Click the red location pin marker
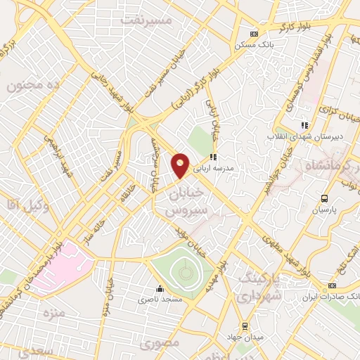(x=180, y=165)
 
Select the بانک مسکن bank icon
(x=254, y=33)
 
